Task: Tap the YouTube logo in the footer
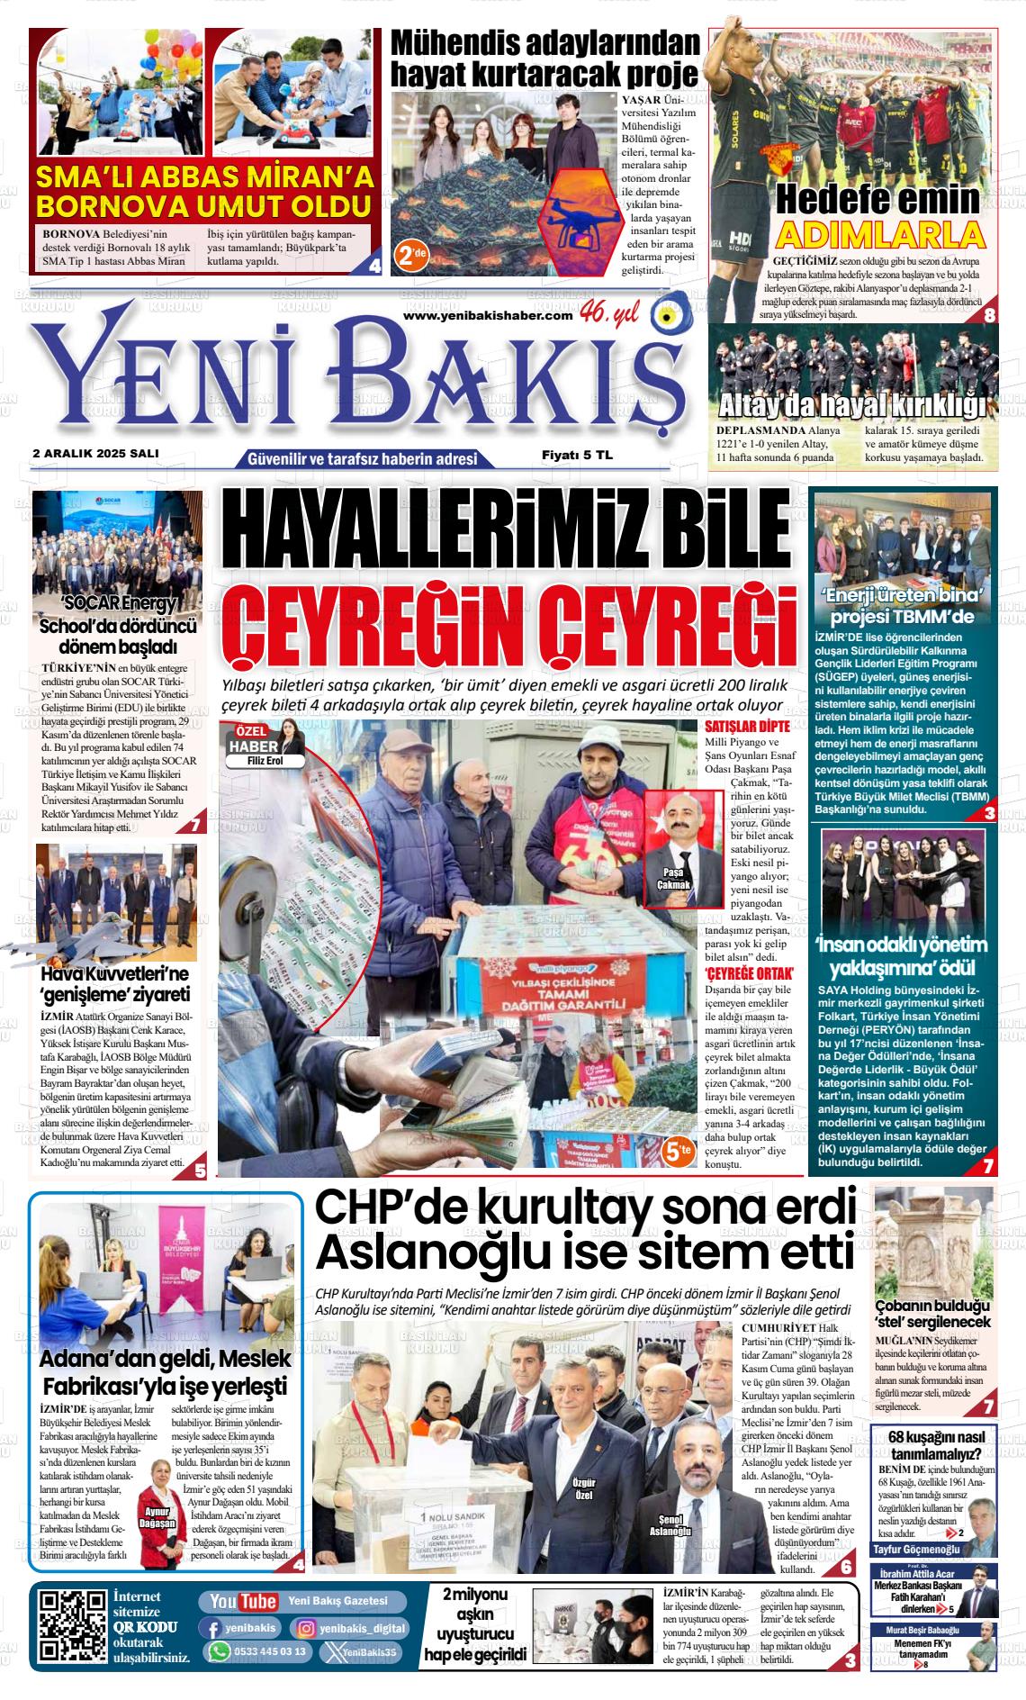pyautogui.click(x=242, y=1601)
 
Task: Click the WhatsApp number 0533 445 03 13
pyautogui.click(x=258, y=1651)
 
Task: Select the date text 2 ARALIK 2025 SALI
pyautogui.click(x=94, y=454)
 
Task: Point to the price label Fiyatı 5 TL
pyautogui.click(x=576, y=456)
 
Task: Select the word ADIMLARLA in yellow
pyautogui.click(x=879, y=235)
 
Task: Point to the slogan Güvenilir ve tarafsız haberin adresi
pyautogui.click(x=362, y=459)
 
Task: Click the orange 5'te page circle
pyautogui.click(x=678, y=1150)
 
